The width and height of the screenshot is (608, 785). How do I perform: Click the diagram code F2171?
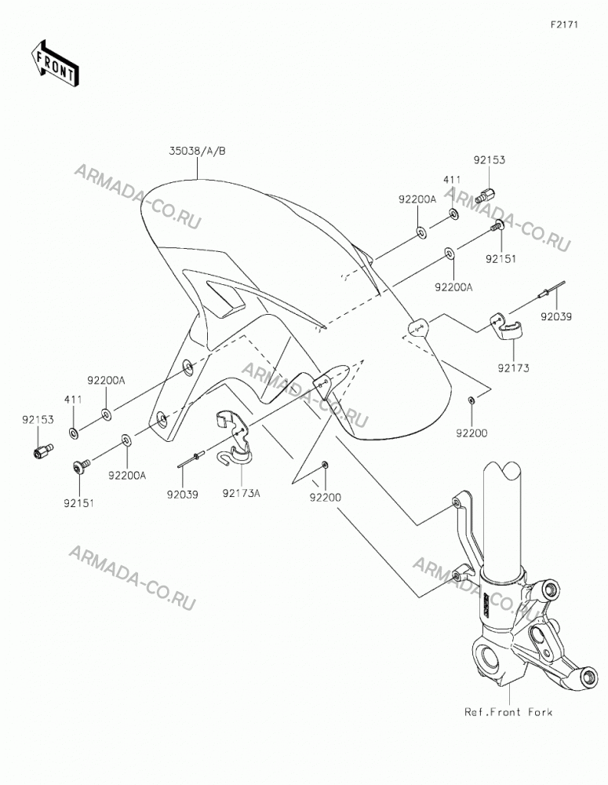point(564,24)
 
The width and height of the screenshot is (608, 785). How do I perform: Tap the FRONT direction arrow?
point(54,63)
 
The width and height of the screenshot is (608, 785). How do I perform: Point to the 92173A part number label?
point(241,494)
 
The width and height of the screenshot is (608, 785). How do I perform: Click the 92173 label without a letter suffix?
point(513,368)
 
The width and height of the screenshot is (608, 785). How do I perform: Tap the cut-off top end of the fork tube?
point(504,470)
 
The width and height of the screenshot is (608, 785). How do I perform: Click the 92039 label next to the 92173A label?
point(183,495)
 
